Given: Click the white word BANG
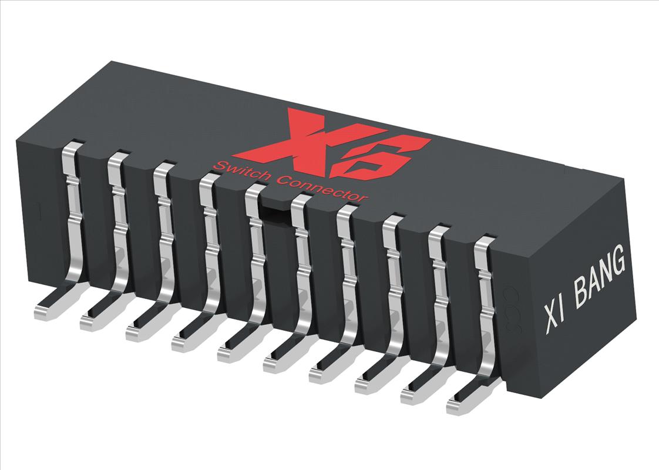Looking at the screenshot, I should point(599,281).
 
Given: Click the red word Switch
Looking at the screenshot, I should point(238,172).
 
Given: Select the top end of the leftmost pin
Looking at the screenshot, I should point(73,146).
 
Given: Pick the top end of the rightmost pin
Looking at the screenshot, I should point(485,241).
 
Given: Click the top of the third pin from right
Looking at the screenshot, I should point(394,220).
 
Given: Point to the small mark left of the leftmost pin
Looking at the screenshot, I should point(38,207).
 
